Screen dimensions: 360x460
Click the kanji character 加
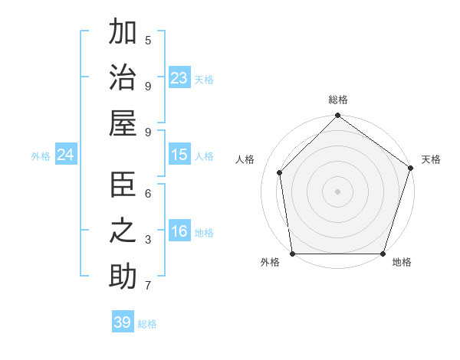click(123, 34)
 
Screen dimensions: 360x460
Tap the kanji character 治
click(123, 80)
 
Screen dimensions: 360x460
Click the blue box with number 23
click(179, 78)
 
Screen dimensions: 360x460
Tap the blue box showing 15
click(179, 155)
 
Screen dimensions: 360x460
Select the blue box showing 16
click(179, 232)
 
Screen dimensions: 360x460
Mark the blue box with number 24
click(66, 155)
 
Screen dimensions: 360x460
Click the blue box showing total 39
click(123, 322)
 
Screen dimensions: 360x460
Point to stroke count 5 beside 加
click(148, 40)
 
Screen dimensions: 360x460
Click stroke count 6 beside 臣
click(148, 193)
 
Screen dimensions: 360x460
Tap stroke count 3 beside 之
click(148, 240)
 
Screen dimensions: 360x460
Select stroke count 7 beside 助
click(148, 286)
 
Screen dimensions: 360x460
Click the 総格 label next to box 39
click(147, 324)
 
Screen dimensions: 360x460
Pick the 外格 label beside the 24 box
click(41, 156)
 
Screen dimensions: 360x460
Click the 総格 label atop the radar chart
click(337, 100)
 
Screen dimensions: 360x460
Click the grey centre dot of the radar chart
click(337, 191)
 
